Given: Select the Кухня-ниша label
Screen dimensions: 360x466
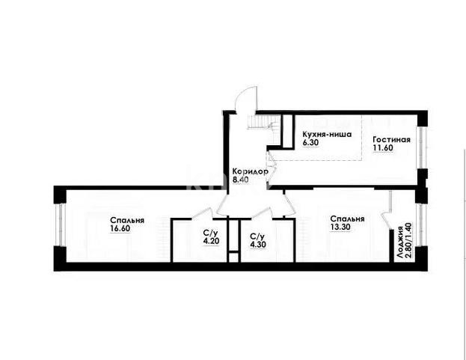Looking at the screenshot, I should (x=324, y=132).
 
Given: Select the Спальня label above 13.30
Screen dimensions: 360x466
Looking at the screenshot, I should (x=348, y=219).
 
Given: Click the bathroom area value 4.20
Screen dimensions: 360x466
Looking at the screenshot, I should (x=210, y=242).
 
